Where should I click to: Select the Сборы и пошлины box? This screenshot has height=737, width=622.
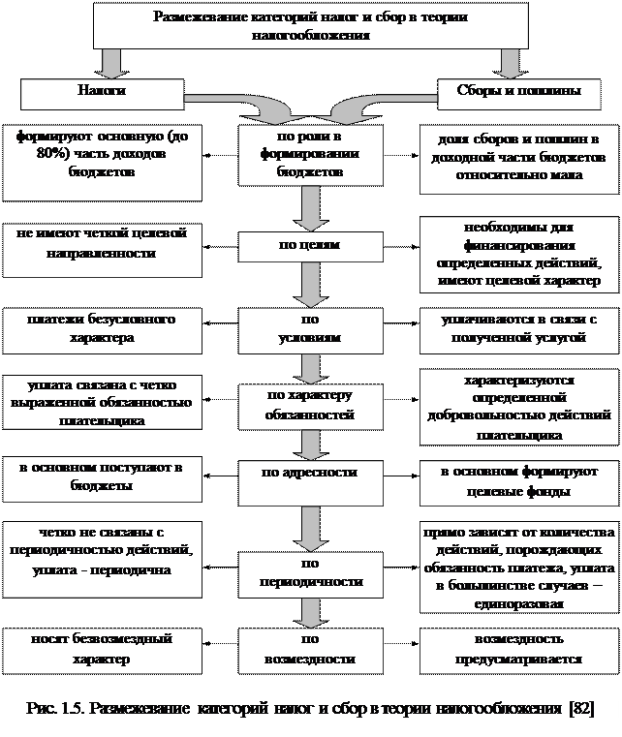[518, 93]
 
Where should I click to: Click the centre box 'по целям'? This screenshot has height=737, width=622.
[309, 246]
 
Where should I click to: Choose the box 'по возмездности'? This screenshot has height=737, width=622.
[309, 650]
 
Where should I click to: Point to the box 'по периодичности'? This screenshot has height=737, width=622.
[309, 573]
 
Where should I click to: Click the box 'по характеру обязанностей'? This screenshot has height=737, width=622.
[309, 405]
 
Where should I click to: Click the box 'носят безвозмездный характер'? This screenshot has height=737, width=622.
[102, 649]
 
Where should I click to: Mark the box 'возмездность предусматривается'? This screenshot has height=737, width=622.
[518, 650]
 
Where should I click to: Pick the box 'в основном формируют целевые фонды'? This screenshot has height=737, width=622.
[518, 481]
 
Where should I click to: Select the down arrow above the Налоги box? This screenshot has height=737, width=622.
[114, 62]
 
